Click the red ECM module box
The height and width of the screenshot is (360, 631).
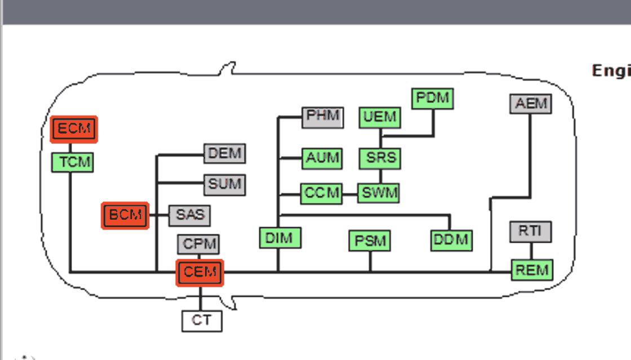click(74, 129)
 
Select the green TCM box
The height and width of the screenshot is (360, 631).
click(72, 162)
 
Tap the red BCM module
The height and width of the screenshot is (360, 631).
click(125, 216)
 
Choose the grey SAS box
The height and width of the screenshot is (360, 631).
click(190, 215)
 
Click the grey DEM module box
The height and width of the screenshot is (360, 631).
click(225, 153)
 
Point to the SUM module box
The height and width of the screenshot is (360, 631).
click(225, 184)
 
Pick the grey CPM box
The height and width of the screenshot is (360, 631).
click(199, 244)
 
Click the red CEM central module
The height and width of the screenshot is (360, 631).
click(200, 273)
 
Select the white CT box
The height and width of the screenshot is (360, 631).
click(202, 321)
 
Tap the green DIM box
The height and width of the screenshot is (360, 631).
click(279, 238)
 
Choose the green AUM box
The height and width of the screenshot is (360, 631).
click(323, 158)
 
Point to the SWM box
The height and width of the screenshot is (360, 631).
click(380, 194)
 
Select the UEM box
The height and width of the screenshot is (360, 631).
click(380, 117)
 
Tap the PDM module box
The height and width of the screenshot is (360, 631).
click(433, 99)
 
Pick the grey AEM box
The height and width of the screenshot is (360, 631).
click(530, 104)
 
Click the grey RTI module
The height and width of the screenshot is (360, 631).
click(530, 232)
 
